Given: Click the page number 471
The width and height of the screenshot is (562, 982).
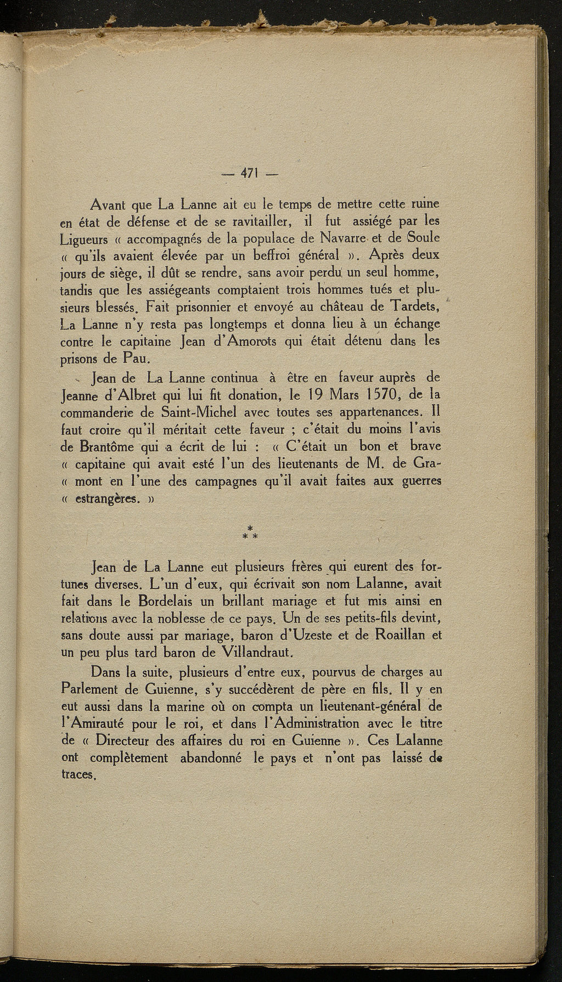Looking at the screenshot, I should pyautogui.click(x=250, y=174).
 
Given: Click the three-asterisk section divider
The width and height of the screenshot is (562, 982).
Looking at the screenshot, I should pyautogui.click(x=250, y=532).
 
